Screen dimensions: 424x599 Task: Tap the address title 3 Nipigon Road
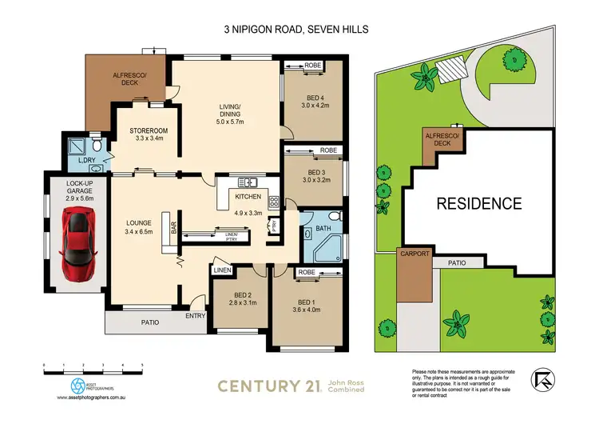[299, 30]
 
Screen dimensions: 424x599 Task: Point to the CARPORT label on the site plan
[415, 254]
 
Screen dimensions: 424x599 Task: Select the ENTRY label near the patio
[194, 315]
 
